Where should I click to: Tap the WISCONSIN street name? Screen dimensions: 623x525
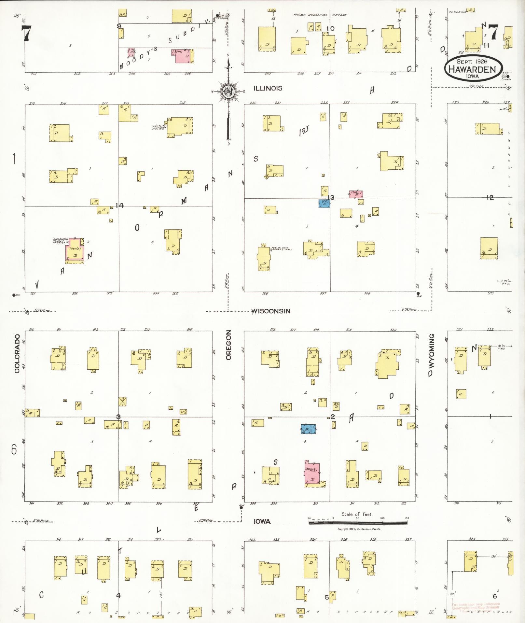tap(271, 311)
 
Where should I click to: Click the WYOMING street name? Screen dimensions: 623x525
tap(432, 355)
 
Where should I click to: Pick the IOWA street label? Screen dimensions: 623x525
tap(262, 521)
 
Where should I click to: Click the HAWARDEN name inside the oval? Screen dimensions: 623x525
tap(472, 69)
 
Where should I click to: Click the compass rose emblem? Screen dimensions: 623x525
tap(228, 92)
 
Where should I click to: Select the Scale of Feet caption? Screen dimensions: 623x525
tap(357, 514)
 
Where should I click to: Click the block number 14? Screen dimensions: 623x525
tap(120, 205)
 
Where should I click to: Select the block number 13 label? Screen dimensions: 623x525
tap(331, 197)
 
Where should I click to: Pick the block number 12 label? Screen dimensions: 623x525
tap(490, 197)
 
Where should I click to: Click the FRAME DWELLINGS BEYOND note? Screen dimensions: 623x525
tap(320, 15)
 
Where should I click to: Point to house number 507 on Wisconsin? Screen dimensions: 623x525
tap(323, 293)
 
